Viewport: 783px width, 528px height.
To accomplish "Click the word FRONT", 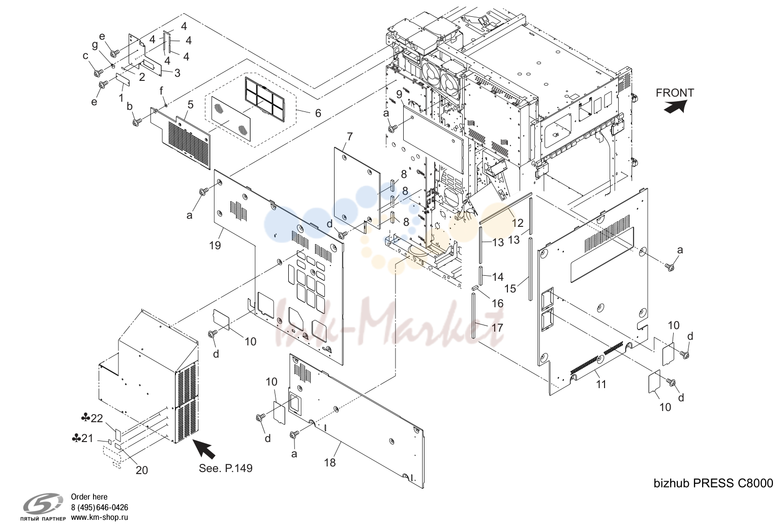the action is coord(675,93).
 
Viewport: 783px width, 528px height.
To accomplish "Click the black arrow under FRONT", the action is coord(675,107).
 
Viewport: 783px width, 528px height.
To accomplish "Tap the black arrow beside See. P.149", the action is coord(205,449).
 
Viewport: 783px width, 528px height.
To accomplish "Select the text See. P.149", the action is coord(225,468).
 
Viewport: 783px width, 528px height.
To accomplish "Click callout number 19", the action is coord(215,246).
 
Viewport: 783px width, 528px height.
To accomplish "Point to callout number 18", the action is coord(329,462).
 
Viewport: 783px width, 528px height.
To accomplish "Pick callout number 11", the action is coord(601,384).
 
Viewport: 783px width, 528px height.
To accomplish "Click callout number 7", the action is coord(350,137).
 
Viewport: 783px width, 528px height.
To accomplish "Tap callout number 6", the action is coord(318,113).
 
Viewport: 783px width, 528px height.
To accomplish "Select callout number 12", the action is coord(518,223).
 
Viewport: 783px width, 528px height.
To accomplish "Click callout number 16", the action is coord(498,303).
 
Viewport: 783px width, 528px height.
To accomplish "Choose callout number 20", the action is coord(141,471).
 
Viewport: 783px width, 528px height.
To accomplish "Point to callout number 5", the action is coord(190,105).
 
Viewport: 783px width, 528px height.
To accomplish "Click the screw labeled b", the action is coord(137,122).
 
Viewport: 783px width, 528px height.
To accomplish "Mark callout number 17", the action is coord(497,328).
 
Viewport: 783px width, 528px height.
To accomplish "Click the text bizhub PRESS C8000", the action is coord(713,483).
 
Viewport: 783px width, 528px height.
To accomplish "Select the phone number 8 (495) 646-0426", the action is coord(99,507).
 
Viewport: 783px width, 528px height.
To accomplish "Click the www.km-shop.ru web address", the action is coord(99,517).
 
